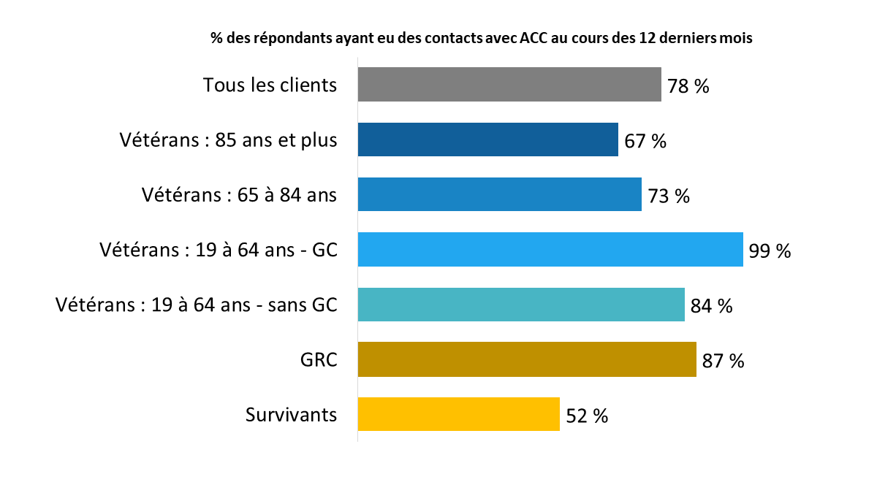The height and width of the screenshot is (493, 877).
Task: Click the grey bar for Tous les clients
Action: tap(509, 84)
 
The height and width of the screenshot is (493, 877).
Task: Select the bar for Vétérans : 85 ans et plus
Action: tap(487, 140)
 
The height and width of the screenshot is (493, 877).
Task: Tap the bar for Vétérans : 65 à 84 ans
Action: tap(499, 194)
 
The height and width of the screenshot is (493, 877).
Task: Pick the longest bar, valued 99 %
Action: tap(550, 249)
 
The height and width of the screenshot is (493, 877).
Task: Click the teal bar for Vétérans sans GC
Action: tap(521, 304)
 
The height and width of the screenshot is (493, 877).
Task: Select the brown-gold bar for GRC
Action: tap(527, 359)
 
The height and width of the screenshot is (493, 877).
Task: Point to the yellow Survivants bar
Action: tap(458, 414)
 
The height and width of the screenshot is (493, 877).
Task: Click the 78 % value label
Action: tap(688, 86)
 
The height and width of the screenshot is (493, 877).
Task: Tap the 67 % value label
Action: tap(645, 141)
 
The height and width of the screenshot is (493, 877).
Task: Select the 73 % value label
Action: tap(668, 196)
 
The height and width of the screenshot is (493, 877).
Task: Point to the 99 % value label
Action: tap(770, 251)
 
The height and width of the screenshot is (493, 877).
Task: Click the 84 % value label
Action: tap(711, 306)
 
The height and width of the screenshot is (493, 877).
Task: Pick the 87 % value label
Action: tap(723, 361)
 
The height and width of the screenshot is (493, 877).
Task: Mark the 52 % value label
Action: tap(586, 416)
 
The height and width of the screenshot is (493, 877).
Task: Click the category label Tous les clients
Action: tap(270, 85)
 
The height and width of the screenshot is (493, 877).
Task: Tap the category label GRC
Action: tap(318, 359)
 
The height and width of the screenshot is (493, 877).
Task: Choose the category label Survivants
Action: tap(291, 415)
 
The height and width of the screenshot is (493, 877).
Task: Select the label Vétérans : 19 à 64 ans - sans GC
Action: tap(197, 305)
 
